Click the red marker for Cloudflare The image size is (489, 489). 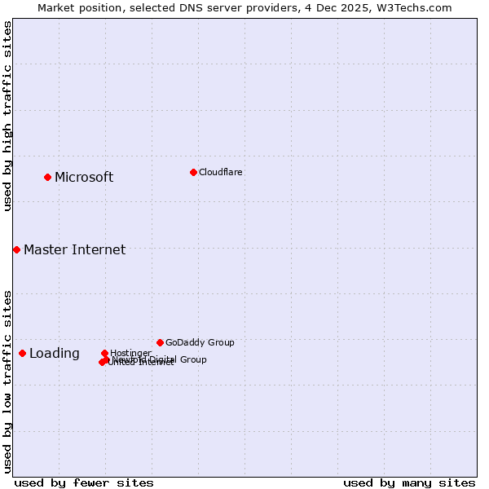click(193, 172)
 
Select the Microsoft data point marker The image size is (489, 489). click(48, 177)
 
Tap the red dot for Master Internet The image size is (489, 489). click(16, 249)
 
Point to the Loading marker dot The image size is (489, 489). click(22, 353)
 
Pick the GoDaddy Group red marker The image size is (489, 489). click(160, 342)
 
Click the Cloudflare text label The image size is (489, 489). click(220, 172)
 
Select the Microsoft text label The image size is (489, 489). click(84, 178)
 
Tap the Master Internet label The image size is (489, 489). click(74, 250)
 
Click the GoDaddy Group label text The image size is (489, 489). click(200, 342)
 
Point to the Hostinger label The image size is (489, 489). click(130, 353)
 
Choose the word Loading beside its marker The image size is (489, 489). click(55, 354)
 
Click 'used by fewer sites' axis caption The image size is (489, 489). click(84, 482)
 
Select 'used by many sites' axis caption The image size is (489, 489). click(409, 482)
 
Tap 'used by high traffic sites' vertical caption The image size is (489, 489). click(7, 116)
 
